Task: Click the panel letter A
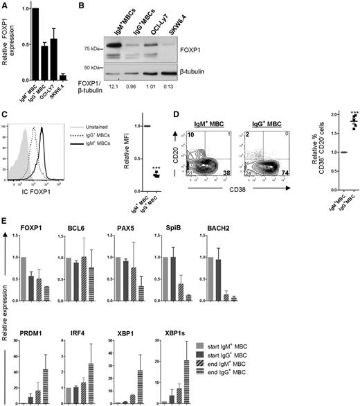[5, 5]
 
